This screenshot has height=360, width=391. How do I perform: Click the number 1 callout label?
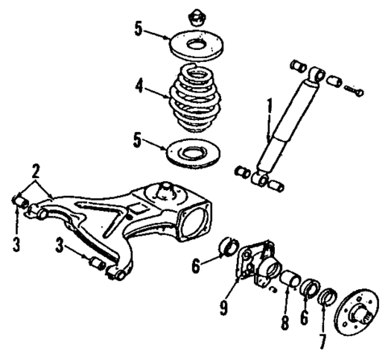tap(269, 105)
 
